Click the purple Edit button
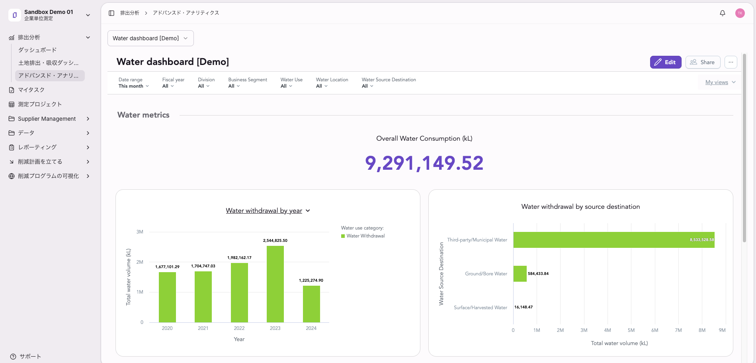pos(666,62)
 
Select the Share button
pos(703,62)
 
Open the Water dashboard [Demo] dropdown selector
pos(150,38)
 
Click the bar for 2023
pos(275,284)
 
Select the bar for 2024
pos(311,304)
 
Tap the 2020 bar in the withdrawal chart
pos(167,297)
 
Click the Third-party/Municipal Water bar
pos(614,240)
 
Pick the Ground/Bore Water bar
pos(520,274)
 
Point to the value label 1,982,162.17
pos(239,258)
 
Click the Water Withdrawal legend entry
pos(363,236)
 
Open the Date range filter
pos(134,83)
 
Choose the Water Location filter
pos(332,83)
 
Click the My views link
pos(717,82)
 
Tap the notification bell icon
pos(723,13)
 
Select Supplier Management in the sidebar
pos(47,119)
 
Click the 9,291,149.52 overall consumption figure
pos(424,163)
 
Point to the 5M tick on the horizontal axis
pos(631,330)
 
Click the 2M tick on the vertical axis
pos(140,262)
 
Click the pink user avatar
pos(740,13)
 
